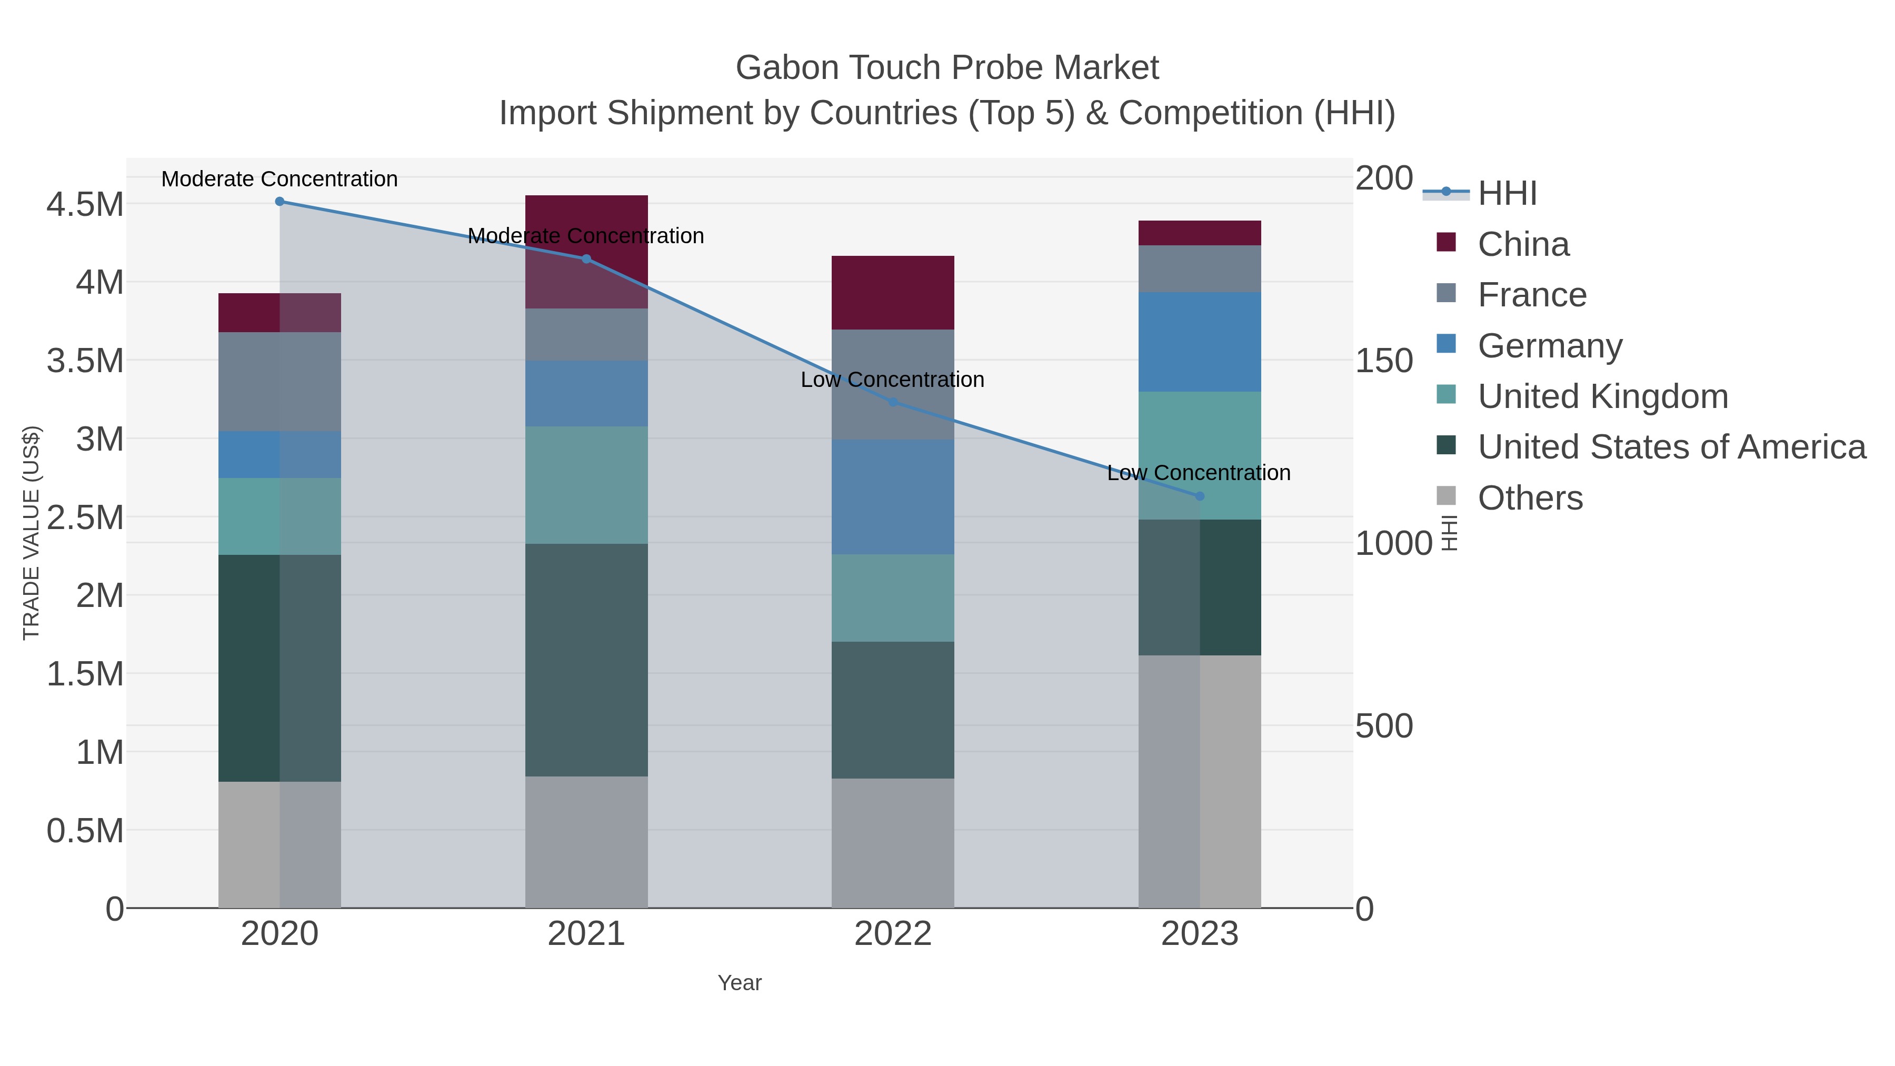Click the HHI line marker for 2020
click(x=280, y=202)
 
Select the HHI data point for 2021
click(x=586, y=259)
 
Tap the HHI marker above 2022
click(x=893, y=402)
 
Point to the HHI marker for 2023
click(x=1200, y=496)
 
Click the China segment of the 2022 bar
click(x=893, y=293)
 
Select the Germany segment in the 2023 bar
click(x=1200, y=342)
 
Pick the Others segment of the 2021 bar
click(x=586, y=842)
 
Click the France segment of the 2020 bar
click(x=280, y=382)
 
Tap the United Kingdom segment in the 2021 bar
click(x=586, y=485)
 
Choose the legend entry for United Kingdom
click(x=1602, y=396)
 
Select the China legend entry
click(x=1523, y=244)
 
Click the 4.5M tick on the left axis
click(x=85, y=205)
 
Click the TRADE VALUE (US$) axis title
click(x=31, y=533)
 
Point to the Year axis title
click(x=740, y=983)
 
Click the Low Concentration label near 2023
click(x=1199, y=473)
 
